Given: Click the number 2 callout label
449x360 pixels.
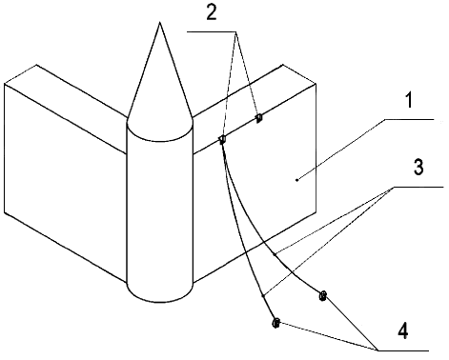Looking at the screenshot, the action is coord(212,13).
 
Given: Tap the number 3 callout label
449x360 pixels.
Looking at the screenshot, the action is coord(418,167).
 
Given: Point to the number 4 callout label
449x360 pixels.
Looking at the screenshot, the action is coord(402,330).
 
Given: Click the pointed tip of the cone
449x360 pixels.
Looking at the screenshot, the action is coord(160,22).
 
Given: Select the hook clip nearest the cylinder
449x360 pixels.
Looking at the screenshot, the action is coord(222,139).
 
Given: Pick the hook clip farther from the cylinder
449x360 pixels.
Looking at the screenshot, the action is coord(259,118).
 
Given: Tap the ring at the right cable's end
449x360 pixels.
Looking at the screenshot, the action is coord(322,296).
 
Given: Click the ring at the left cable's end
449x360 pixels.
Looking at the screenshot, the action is coord(276,323).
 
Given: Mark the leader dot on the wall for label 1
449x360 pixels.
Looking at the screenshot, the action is coord(296,180).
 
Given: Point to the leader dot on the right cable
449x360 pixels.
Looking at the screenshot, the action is coord(275,254).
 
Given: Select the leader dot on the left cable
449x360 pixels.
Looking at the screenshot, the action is coord(263,296).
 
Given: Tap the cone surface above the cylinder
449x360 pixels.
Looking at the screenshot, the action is coord(160,89).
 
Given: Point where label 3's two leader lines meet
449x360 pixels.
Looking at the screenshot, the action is coord(393,187).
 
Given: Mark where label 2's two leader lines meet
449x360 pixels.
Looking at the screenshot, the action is coord(235,31).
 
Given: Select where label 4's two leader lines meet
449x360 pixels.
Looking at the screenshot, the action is coord(378,350).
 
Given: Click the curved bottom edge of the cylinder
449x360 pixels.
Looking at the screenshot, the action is coord(160,302).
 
